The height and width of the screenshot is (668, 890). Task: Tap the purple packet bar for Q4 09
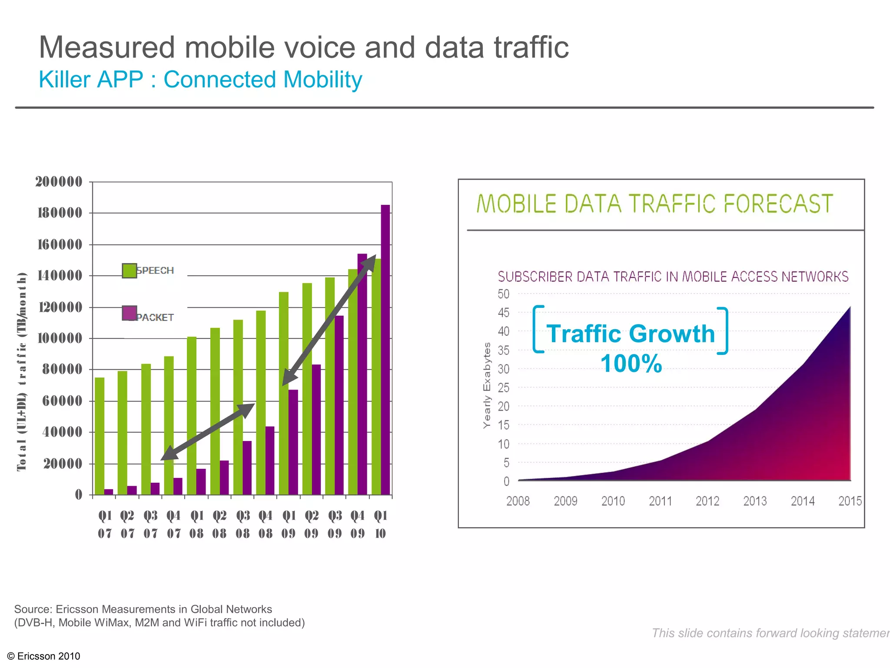point(362,374)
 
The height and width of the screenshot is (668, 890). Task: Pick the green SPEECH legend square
point(130,271)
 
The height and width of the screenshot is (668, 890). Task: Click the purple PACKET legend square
point(130,313)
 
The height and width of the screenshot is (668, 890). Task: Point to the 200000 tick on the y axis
point(59,181)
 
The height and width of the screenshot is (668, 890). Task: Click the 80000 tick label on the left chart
point(62,369)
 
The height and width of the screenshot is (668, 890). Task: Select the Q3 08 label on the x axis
point(243,524)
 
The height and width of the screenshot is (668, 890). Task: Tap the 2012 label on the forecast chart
point(707,501)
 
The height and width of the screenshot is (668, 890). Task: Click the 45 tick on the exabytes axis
point(504,312)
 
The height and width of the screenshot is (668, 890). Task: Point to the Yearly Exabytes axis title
point(487,385)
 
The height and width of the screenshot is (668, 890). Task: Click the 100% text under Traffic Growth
point(631,364)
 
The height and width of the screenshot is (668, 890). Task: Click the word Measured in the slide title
point(107,47)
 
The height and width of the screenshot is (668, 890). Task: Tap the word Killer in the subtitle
point(66,80)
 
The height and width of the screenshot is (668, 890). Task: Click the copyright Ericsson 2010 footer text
point(44,656)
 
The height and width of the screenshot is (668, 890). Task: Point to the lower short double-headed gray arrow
point(208,431)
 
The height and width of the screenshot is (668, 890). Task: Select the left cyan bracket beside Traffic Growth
point(538,329)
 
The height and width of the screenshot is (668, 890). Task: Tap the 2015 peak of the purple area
point(850,308)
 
